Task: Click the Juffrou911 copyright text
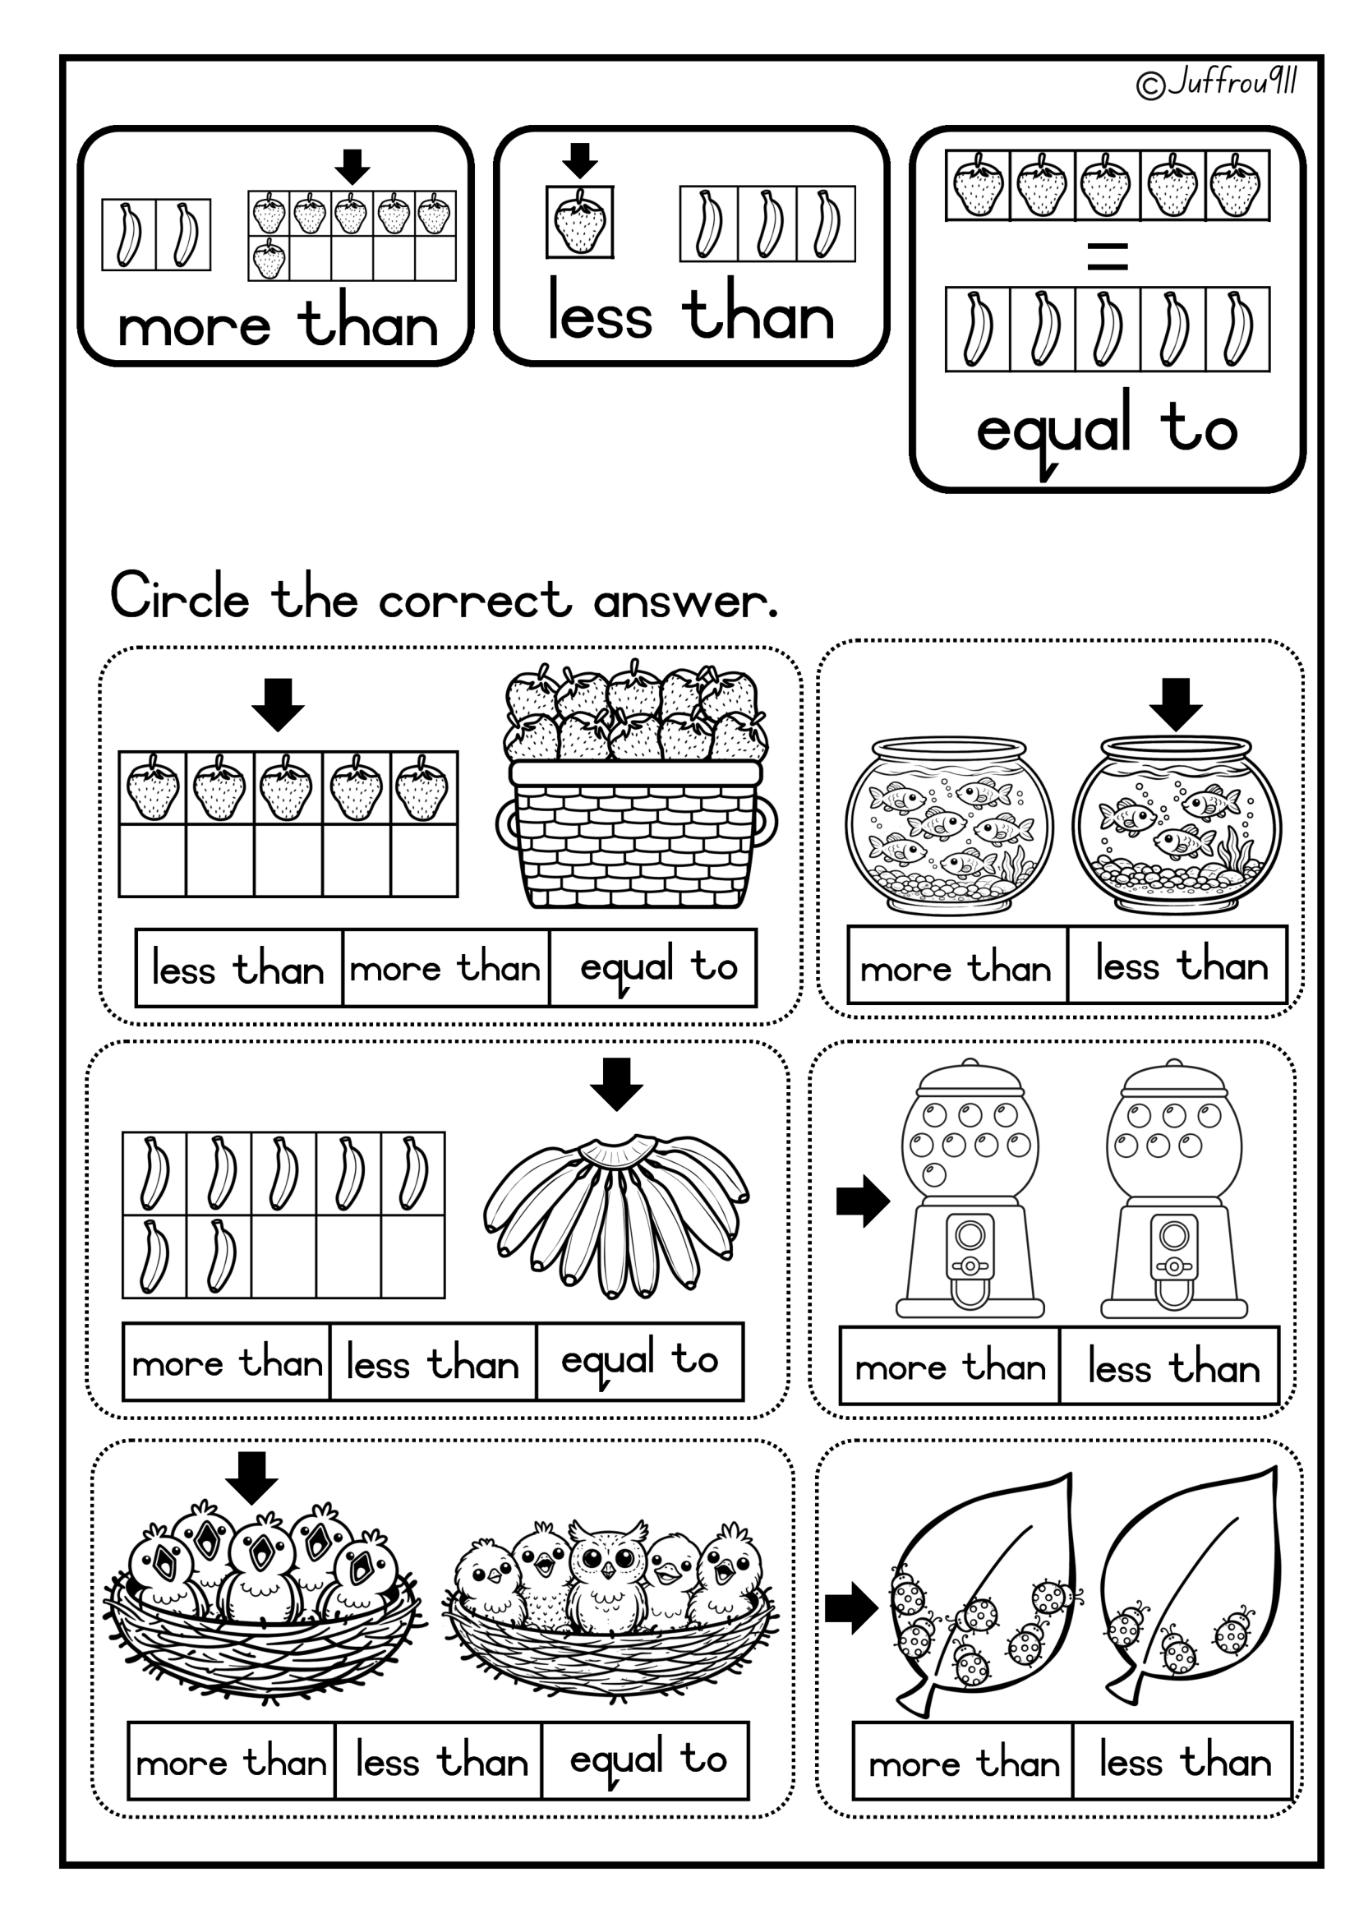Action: pos(1217,83)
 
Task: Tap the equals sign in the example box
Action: pos(1107,256)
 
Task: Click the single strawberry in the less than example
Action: pos(579,222)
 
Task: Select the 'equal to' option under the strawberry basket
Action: pos(658,967)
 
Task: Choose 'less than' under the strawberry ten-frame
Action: pos(237,969)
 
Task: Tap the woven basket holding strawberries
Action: pos(637,834)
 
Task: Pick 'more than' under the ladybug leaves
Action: pos(964,1763)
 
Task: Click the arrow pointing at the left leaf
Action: pos(851,1608)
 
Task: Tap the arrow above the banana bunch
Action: pos(616,1085)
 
